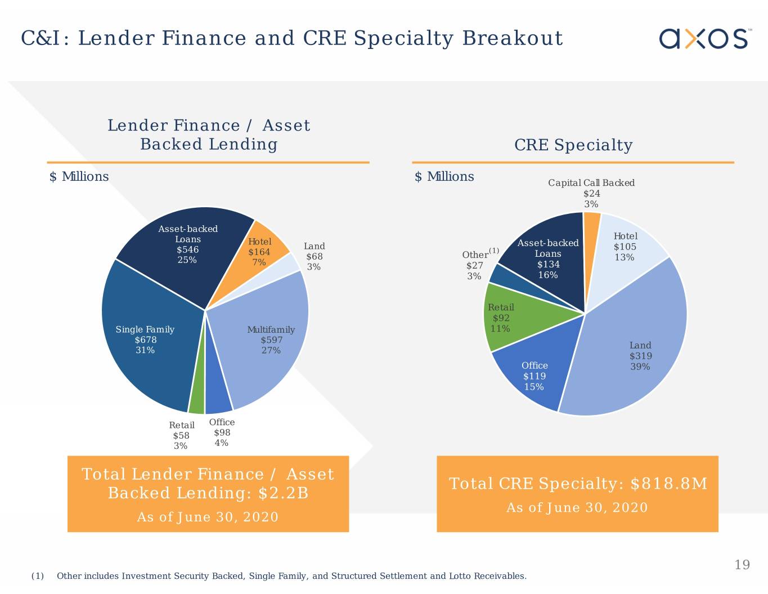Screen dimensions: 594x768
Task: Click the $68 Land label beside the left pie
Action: point(314,256)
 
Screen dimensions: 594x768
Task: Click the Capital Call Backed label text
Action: point(591,183)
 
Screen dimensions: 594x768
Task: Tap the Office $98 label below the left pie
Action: point(222,432)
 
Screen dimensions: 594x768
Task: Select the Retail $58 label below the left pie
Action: point(181,435)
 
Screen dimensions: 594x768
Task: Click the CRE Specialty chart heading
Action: point(573,145)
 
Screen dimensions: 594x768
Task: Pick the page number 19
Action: point(742,565)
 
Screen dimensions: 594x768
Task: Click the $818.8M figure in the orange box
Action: point(668,484)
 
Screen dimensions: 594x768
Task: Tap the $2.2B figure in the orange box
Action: point(283,493)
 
